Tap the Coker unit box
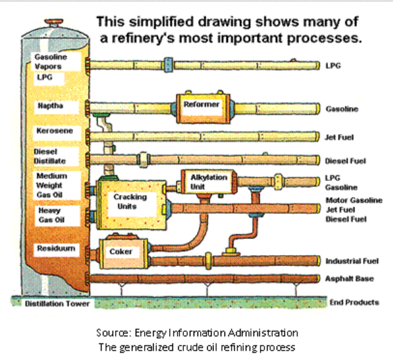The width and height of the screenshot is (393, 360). click(122, 252)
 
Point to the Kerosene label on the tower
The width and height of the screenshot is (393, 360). click(54, 132)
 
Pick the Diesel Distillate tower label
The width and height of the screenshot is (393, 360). click(50, 156)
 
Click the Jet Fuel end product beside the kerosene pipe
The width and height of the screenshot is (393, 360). click(340, 137)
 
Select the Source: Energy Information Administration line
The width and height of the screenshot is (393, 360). click(197, 333)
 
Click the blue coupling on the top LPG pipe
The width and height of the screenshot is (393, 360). click(169, 64)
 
